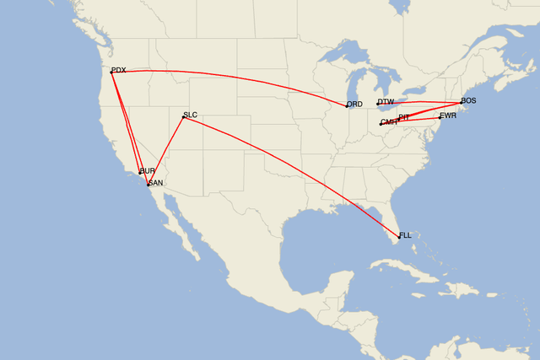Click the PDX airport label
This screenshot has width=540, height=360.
[119, 70]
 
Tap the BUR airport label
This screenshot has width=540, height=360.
[148, 170]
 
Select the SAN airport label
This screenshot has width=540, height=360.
[155, 183]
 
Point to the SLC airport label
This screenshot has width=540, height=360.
[190, 114]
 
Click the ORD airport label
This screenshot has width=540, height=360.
[354, 105]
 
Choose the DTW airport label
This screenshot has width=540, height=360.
[386, 102]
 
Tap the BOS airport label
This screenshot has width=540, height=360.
[468, 101]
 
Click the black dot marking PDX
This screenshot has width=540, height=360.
[111, 72]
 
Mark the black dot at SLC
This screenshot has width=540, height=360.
[183, 116]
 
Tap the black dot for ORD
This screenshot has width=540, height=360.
[347, 105]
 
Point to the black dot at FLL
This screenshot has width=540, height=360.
[398, 236]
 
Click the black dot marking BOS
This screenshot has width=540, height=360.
[461, 103]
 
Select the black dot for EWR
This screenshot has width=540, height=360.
[440, 116]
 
